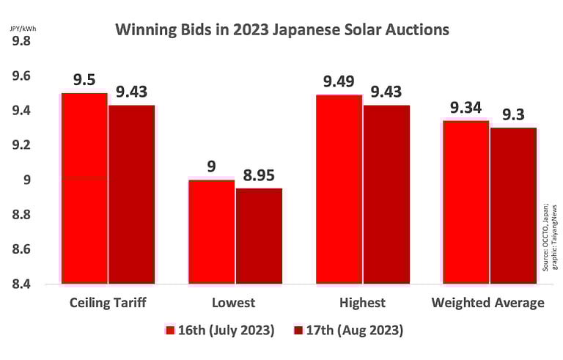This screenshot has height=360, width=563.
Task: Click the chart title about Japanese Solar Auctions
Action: point(281,30)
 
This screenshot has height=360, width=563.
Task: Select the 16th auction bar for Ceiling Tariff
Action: point(84,188)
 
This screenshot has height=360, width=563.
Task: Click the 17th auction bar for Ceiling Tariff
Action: point(132,194)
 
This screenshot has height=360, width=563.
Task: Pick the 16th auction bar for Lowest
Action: point(211,231)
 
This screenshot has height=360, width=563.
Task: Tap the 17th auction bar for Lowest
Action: point(259,235)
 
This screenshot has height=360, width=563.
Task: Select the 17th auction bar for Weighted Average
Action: point(513,205)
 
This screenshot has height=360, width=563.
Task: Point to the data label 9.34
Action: point(466,108)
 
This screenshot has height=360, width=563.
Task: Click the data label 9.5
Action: point(84,79)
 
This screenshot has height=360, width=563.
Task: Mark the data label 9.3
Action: point(513,114)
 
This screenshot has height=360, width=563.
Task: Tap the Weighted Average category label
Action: point(487,303)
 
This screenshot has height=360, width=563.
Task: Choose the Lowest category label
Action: point(234,303)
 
